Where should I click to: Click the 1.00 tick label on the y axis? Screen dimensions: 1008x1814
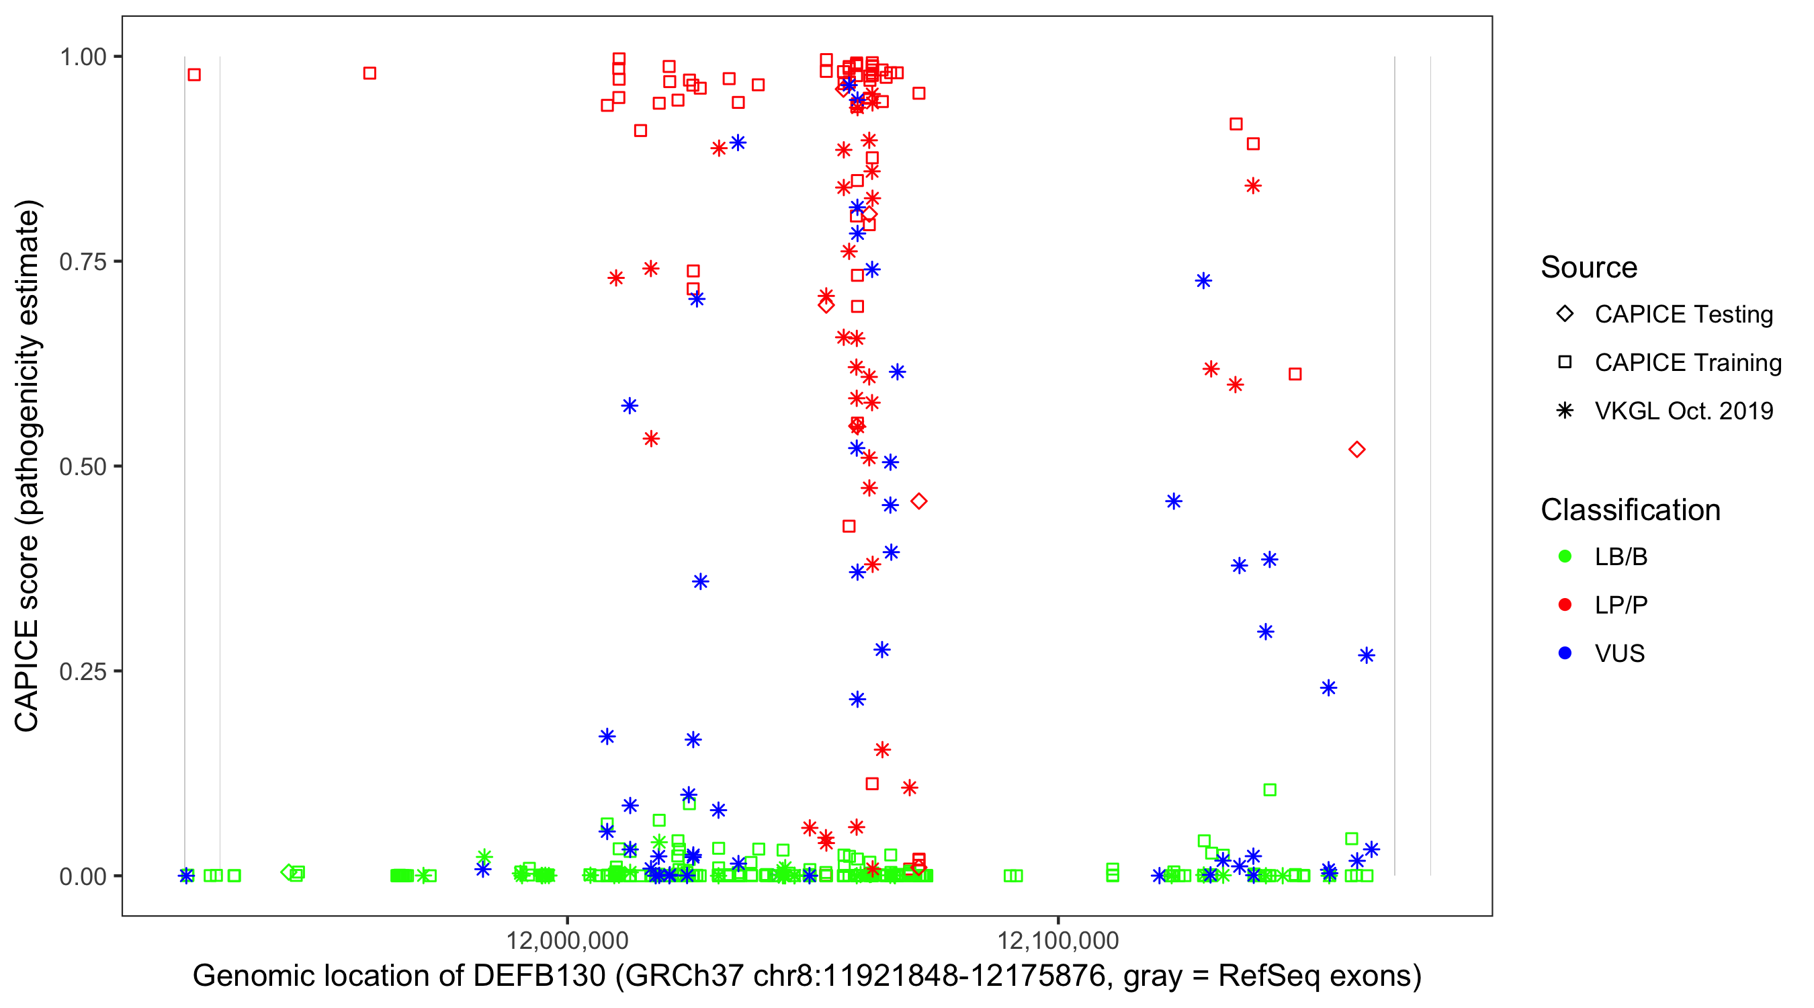click(83, 56)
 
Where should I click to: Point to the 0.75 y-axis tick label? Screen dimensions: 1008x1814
click(83, 261)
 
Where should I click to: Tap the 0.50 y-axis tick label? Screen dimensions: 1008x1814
click(83, 466)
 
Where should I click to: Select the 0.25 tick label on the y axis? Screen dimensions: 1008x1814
click(83, 671)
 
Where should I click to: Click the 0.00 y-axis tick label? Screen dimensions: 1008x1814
click(83, 876)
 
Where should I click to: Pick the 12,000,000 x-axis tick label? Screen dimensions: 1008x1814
click(567, 940)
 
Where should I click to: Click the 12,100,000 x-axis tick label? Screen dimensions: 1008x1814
click(1057, 940)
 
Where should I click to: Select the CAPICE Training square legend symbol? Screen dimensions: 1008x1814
click(1565, 362)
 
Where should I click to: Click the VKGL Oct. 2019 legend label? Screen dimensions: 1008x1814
click(1684, 411)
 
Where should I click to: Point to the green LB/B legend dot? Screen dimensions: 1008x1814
click(1565, 556)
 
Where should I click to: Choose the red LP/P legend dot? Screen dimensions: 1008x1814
click(1565, 605)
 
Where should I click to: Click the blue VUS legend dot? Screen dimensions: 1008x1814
click(1565, 653)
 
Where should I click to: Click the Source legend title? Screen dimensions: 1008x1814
click(1589, 267)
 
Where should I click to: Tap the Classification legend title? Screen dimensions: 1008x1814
click(1630, 510)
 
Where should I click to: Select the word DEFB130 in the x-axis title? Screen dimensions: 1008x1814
click(539, 976)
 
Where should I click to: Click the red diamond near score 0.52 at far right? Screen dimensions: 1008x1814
click(1357, 450)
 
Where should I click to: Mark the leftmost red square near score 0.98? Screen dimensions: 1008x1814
click(194, 75)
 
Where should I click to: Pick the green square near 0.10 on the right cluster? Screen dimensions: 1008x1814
click(1270, 790)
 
